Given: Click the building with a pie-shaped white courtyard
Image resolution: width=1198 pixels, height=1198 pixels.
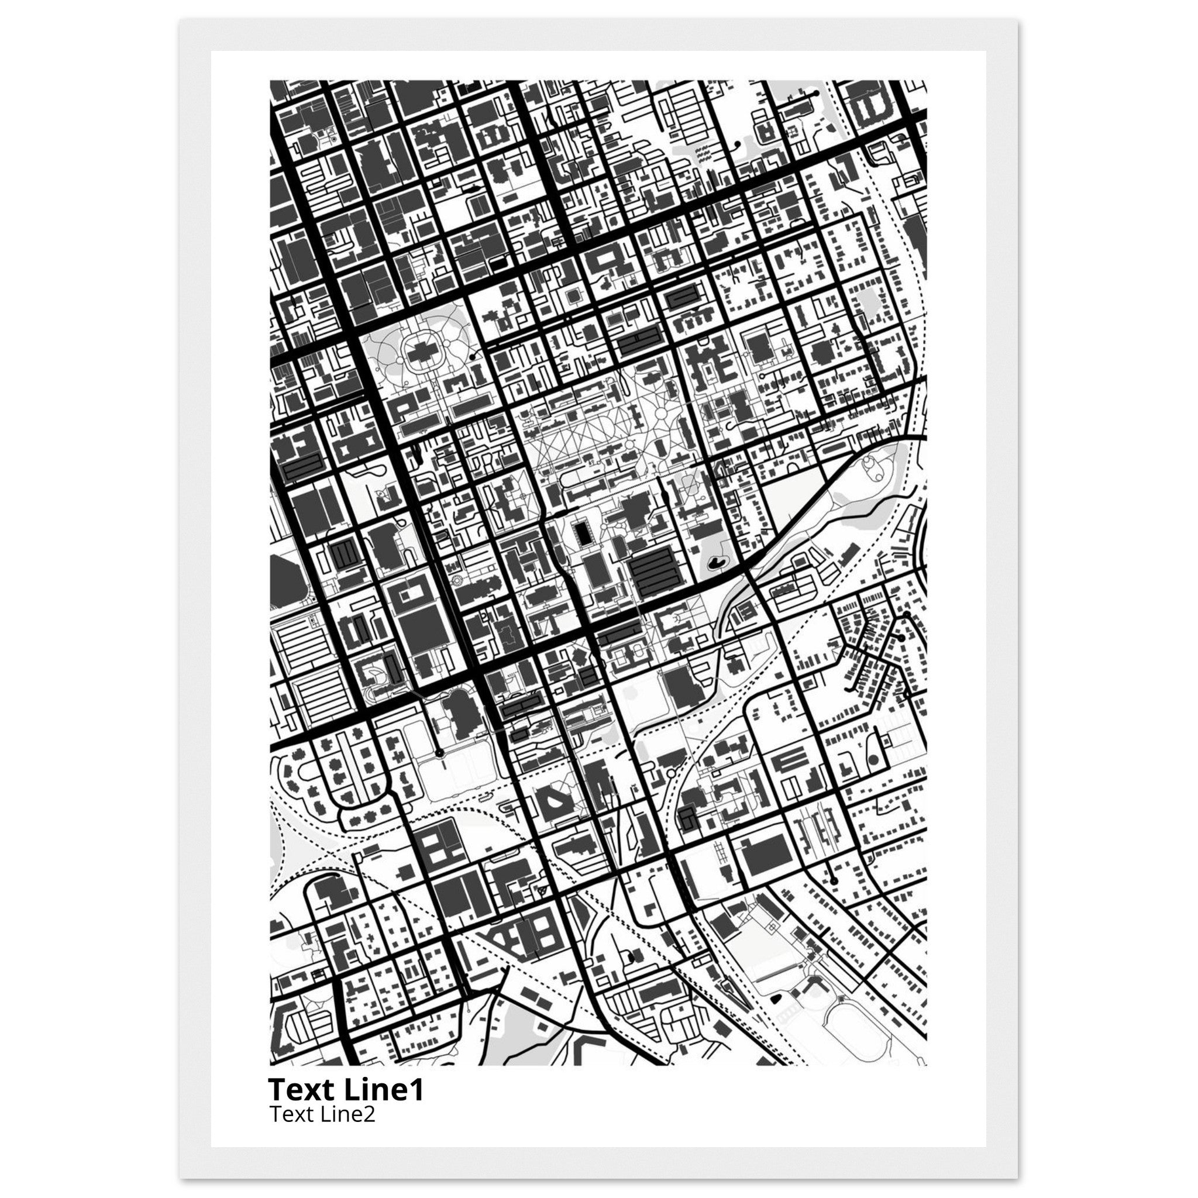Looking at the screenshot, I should click(x=554, y=803).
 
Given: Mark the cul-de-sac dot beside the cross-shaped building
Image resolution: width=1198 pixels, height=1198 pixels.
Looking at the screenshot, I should click(x=473, y=357).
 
